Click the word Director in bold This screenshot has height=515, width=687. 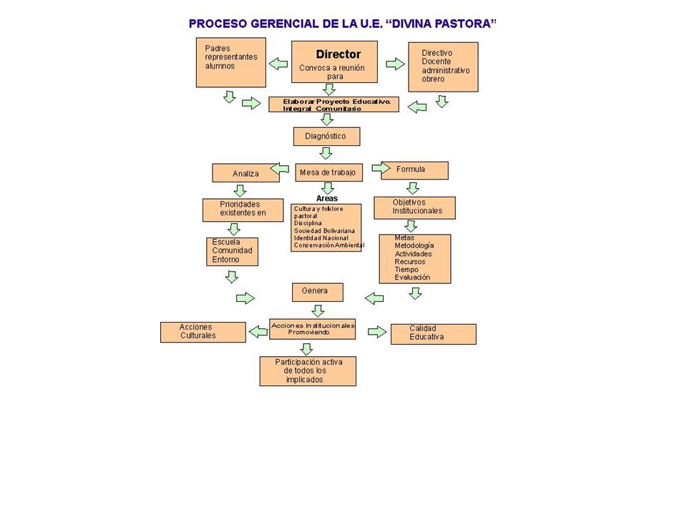click(x=338, y=54)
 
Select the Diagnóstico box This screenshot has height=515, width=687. click(x=327, y=136)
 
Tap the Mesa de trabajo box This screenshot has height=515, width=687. click(x=328, y=172)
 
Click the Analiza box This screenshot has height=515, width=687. click(x=245, y=173)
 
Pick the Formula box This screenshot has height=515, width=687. click(x=414, y=170)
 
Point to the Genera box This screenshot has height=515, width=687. click(x=318, y=292)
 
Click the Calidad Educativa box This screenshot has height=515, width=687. click(x=434, y=334)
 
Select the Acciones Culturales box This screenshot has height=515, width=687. click(x=203, y=332)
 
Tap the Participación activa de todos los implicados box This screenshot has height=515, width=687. click(x=308, y=371)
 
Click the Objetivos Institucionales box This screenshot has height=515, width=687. click(x=414, y=207)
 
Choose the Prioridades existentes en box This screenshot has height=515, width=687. click(x=243, y=210)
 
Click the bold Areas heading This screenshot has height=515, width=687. click(x=327, y=198)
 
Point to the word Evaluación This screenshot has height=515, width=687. click(x=412, y=278)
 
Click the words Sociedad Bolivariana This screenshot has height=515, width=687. click(x=325, y=231)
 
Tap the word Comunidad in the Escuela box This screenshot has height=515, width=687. click(x=232, y=250)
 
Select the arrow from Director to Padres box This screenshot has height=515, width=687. click(x=278, y=64)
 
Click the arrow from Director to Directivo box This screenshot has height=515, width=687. click(x=395, y=64)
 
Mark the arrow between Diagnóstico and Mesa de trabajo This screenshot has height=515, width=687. click(x=326, y=153)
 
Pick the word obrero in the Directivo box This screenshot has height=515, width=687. click(x=433, y=79)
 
